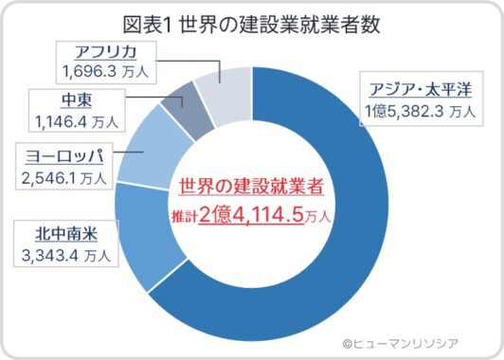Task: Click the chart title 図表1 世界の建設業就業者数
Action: (x=252, y=23)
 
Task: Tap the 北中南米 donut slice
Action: (x=148, y=236)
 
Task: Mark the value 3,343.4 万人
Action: (x=64, y=254)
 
